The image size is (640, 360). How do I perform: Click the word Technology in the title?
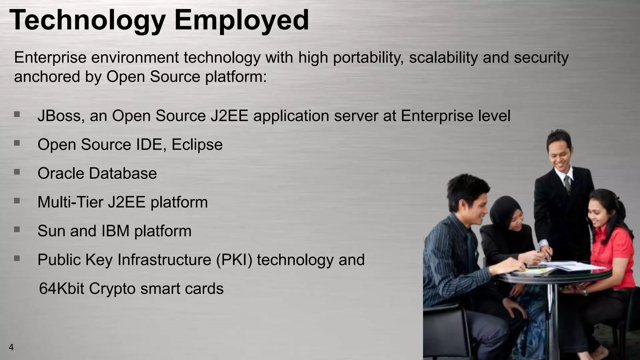tap(87, 21)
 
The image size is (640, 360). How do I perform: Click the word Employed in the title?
tap(242, 21)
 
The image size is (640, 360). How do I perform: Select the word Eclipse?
tap(197, 145)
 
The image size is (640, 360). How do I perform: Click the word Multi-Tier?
tap(70, 202)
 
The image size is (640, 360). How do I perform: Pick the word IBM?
tap(115, 231)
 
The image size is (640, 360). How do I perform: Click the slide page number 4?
tap(11, 347)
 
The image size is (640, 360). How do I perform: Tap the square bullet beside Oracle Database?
tap(17, 172)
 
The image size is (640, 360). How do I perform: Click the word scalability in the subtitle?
tap(443, 58)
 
